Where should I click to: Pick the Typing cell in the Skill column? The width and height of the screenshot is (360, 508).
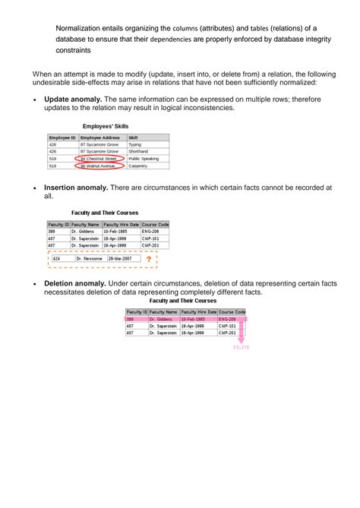135,144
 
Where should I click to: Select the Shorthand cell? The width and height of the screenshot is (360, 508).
139,151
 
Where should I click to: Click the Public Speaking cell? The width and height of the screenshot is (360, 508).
144,158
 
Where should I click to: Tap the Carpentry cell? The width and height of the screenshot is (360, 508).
138,166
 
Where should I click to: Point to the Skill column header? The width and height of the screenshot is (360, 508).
134,137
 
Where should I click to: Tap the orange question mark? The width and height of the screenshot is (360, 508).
149,259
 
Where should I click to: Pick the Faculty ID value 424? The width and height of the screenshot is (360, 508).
56,259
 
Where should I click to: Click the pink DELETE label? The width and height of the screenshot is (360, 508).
241,347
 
